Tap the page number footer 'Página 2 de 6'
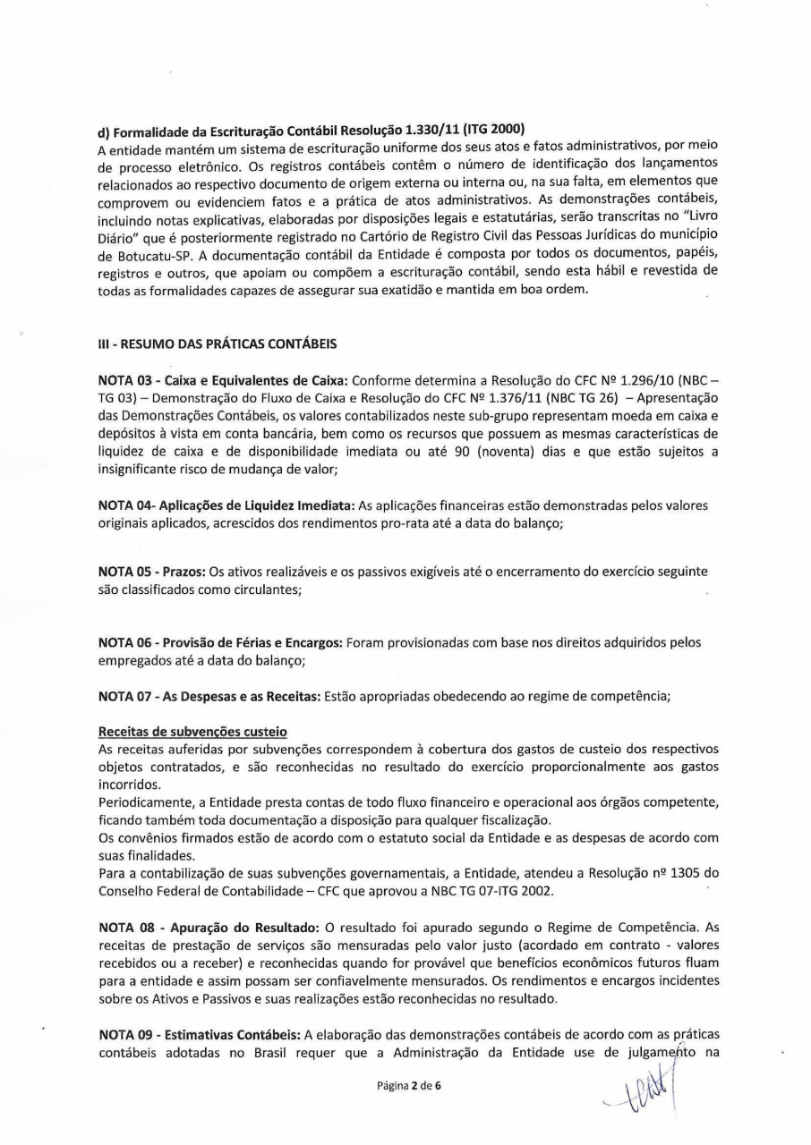click(x=405, y=1086)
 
